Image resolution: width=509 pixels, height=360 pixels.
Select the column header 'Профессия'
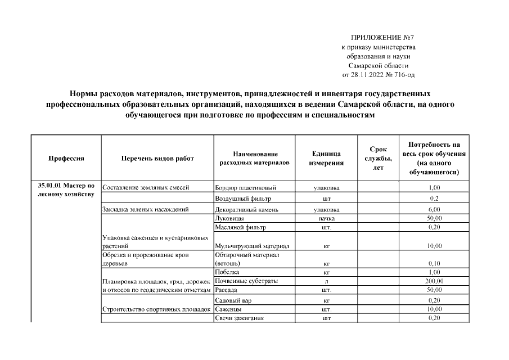66,159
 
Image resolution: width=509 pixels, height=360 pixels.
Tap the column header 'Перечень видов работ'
157,159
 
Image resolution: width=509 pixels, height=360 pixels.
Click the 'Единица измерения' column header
326,159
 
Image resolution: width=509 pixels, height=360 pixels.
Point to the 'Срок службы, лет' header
378,159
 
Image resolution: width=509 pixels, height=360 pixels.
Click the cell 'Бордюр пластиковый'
246,188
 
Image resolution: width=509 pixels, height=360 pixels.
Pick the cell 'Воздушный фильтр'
243,198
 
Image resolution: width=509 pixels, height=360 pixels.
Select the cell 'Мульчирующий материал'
252,246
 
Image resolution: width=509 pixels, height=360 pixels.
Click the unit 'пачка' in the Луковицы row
326,218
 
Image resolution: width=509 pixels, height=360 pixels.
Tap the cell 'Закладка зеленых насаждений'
145,209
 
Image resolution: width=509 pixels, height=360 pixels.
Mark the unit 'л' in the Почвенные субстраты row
326,281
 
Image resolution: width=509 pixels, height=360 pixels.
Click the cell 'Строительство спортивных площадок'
156,309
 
